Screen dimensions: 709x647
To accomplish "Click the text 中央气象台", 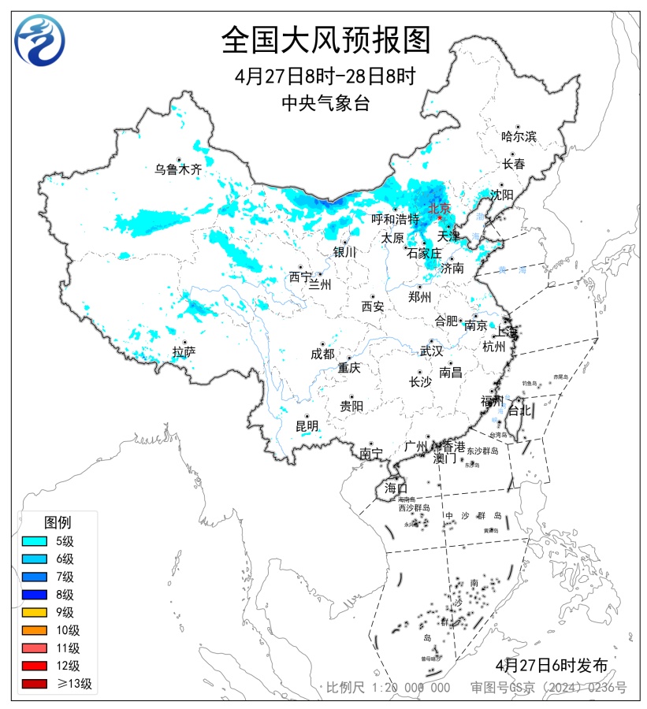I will click(325, 103).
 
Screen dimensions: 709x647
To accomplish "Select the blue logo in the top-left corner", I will click(40, 39).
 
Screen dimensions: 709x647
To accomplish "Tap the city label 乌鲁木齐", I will click(178, 169).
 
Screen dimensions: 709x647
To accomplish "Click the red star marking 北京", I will click(440, 218).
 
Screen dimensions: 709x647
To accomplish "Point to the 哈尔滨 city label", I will click(519, 136).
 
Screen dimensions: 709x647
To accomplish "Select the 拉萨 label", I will click(184, 352).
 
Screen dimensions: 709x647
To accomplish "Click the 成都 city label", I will click(322, 354).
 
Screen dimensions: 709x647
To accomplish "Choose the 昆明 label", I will click(307, 426).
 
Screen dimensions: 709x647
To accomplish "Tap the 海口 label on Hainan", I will click(395, 488).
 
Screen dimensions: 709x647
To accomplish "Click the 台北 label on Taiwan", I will click(520, 410).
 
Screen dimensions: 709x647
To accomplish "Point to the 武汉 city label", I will click(431, 351).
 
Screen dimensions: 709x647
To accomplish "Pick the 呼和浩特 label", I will click(396, 219).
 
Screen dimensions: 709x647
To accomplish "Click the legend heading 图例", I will click(58, 522).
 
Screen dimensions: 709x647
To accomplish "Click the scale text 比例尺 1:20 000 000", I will click(389, 688).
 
